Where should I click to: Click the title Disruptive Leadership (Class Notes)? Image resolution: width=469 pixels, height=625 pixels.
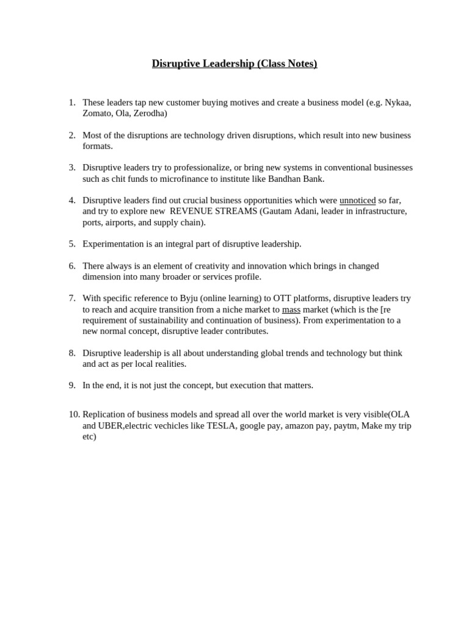[x=234, y=63]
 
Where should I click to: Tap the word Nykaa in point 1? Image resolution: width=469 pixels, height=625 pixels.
[x=397, y=103]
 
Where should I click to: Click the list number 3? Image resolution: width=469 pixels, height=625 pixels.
[x=71, y=167]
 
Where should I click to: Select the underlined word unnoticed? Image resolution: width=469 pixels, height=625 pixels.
[x=357, y=200]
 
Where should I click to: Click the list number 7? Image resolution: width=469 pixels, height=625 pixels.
[x=71, y=298]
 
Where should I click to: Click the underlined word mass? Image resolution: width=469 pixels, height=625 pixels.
[x=291, y=309]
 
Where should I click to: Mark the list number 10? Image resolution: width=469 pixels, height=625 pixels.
[x=74, y=414]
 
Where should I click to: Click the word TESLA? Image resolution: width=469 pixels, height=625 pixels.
[x=220, y=425]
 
